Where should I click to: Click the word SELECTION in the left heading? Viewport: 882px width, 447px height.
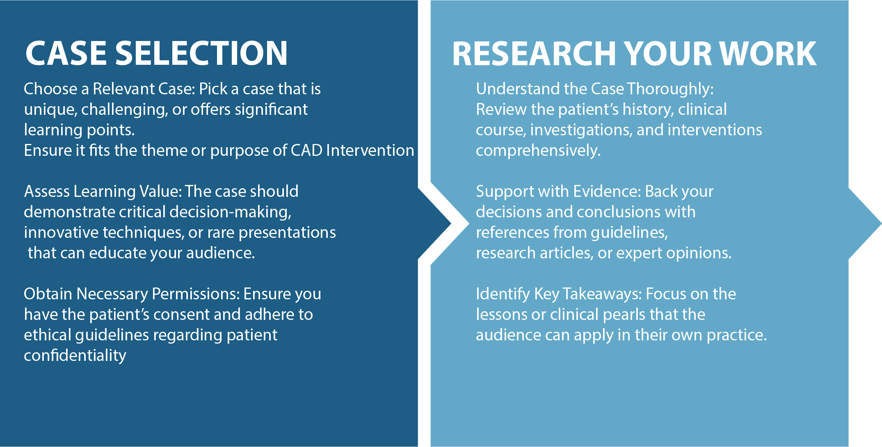click(201, 53)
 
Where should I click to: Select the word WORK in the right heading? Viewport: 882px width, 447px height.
click(768, 54)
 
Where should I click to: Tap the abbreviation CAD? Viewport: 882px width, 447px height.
click(306, 151)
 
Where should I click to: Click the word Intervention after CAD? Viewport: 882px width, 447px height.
click(370, 151)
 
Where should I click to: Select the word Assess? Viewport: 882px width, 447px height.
click(46, 192)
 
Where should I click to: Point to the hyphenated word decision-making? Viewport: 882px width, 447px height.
click(230, 212)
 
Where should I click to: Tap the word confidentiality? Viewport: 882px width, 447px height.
click(75, 356)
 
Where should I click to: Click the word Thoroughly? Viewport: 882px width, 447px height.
click(670, 89)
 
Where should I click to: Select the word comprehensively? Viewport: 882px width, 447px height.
click(538, 151)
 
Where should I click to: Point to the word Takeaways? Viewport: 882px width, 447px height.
click(602, 294)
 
